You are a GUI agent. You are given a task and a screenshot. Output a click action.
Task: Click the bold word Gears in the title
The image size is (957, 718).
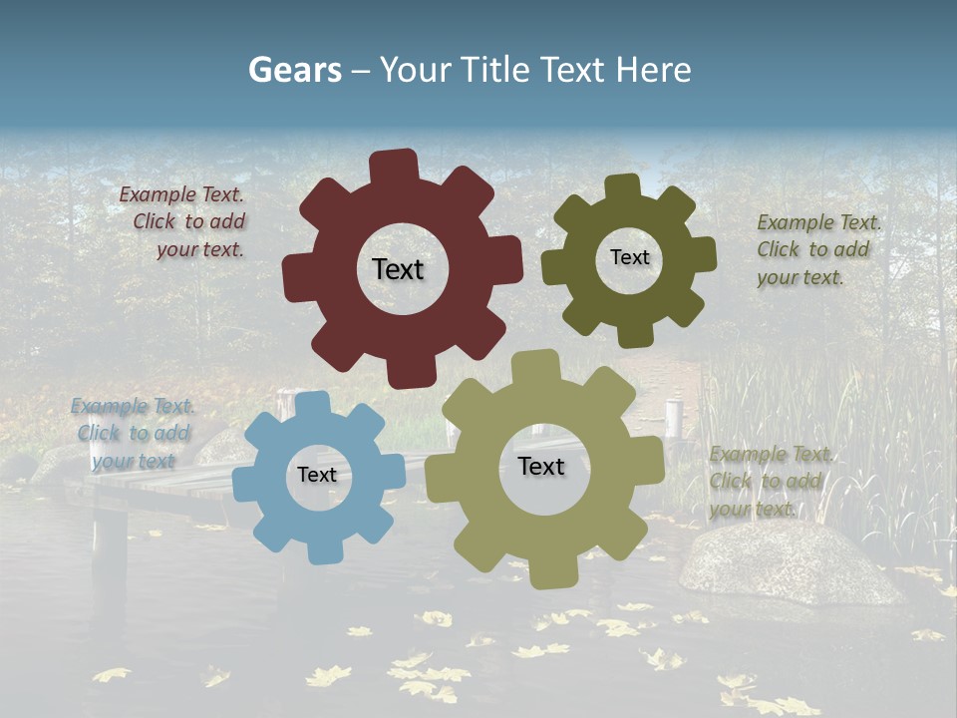294,70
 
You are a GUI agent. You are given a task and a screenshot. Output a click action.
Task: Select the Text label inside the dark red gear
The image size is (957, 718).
398,269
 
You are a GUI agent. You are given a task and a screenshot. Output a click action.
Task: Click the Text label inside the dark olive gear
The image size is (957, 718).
629,257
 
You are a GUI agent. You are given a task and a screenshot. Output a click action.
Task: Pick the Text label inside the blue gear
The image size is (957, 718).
317,476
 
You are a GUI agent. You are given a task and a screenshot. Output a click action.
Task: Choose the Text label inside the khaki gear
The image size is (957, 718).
541,466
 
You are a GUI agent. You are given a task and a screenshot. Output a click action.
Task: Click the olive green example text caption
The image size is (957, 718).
817,249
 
